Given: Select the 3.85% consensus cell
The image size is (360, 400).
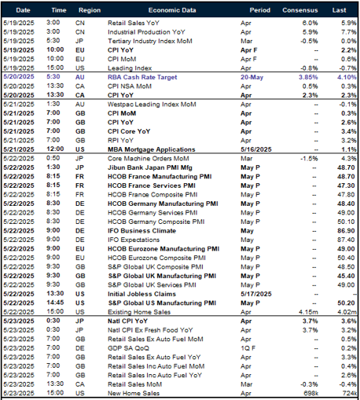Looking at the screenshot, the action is point(297,79).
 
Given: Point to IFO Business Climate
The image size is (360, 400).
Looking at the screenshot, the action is point(138,231).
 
